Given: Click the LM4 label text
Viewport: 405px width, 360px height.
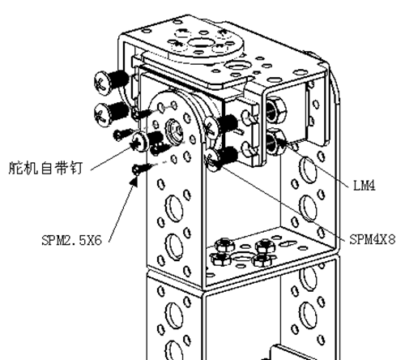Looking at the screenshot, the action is tap(364, 186).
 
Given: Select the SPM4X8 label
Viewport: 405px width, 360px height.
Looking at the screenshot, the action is tap(373, 239).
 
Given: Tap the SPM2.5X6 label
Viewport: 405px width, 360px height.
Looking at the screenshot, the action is tap(72, 240).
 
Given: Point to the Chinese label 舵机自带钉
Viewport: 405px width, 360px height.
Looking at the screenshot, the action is tap(45, 168).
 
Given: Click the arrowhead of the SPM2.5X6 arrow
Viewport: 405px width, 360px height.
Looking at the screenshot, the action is tap(134, 181).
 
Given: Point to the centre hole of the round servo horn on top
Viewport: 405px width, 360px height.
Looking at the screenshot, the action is tap(199, 43).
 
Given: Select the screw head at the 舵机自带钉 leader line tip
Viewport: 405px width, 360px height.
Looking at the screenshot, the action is tap(141, 143).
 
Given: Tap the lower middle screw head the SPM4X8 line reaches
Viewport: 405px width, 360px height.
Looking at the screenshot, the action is tap(212, 160).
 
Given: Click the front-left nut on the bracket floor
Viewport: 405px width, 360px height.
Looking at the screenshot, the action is tap(221, 259).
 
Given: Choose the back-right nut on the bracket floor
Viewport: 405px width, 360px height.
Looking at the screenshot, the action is tap(266, 246).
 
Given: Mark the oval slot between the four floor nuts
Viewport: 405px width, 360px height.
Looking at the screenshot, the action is tap(241, 256).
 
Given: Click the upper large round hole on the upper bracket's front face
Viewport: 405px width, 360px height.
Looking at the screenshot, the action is tap(174, 208).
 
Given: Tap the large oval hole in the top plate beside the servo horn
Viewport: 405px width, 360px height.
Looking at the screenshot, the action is tap(237, 66).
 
